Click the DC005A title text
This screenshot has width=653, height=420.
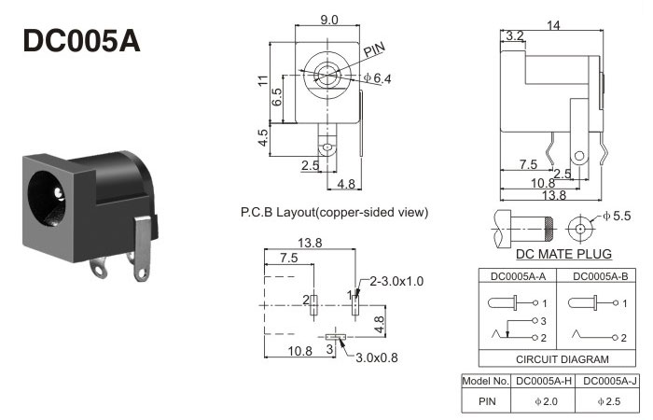pos(82,41)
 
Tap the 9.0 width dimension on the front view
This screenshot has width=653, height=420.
pos(329,20)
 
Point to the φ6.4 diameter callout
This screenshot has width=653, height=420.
pos(377,77)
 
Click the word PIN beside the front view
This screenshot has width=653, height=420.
pos(374,49)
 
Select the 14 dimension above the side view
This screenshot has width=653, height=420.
pos(553,25)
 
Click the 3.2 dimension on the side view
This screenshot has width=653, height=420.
pos(514,35)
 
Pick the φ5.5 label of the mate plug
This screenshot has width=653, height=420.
pos(617,216)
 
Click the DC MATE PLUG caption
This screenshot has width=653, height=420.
pos(563,254)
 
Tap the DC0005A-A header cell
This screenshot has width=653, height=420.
pos(518,276)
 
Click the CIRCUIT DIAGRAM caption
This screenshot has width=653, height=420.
pos(563,359)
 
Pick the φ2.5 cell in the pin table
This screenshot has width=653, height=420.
pos(609,401)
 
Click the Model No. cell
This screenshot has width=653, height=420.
pos(486,381)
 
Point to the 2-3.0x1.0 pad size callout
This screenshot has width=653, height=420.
pos(396,281)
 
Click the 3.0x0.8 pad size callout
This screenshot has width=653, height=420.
pos(377,357)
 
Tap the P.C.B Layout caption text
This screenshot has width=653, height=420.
pos(334,212)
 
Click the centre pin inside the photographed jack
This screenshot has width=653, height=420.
pos(59,193)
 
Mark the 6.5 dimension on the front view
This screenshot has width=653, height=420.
pos(277,97)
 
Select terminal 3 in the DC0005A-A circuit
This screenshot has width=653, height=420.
pos(535,321)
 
